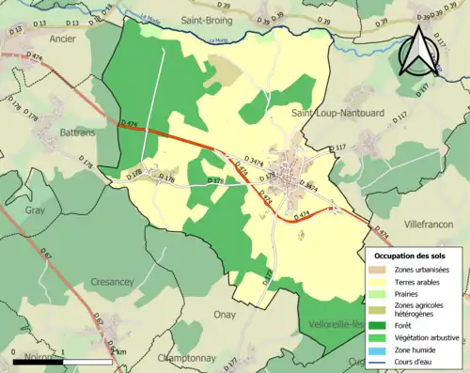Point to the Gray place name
pos(36,210)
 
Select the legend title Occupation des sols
pos(412,255)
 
